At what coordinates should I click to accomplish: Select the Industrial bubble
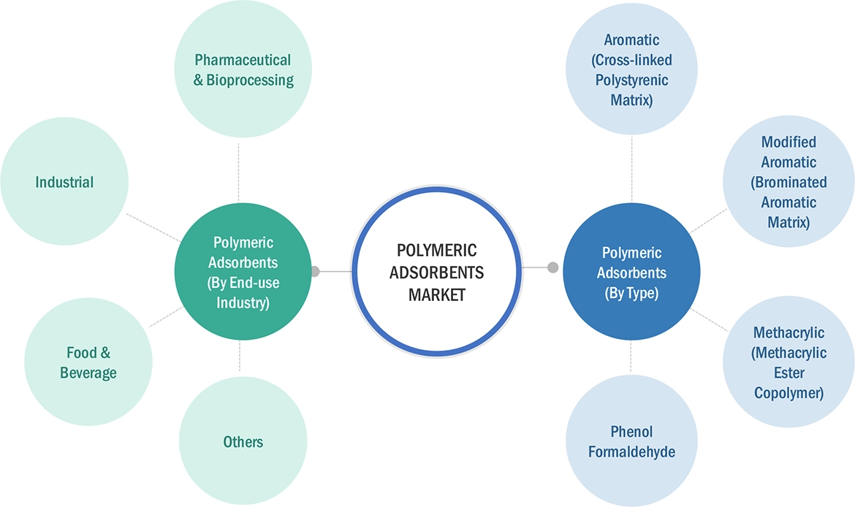(64, 181)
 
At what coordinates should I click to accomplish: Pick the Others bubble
(243, 441)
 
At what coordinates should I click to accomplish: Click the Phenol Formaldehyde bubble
(631, 442)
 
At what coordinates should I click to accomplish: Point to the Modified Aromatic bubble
(788, 182)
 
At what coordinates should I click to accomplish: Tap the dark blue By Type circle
(631, 272)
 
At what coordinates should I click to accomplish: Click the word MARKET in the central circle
(436, 295)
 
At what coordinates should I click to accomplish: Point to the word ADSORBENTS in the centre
(436, 272)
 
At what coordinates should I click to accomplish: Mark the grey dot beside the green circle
(315, 272)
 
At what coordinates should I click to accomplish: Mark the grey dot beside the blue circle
(552, 267)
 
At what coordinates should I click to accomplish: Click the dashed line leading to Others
(239, 354)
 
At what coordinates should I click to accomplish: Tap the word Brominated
(788, 182)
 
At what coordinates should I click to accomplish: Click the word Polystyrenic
(631, 80)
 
